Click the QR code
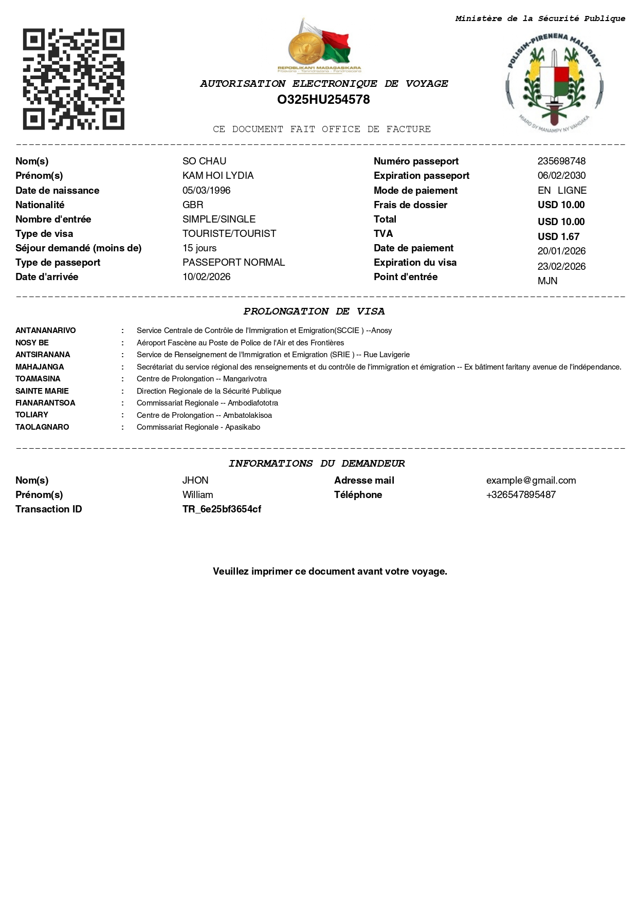coord(74,79)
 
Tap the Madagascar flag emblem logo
coord(320,46)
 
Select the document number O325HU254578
coord(323,100)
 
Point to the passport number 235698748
coord(561,161)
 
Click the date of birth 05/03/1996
coord(206,191)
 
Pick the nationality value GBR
coord(193,205)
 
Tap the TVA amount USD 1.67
coord(558,237)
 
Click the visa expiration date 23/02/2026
coord(561,267)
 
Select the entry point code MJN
coord(548,281)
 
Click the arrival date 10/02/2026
coord(206,277)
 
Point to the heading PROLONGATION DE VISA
coord(314,311)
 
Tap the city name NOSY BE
coord(32,343)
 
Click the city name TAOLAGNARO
coord(42,427)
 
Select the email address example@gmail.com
coord(531,481)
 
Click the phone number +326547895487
coord(521,495)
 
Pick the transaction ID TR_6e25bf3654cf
coord(222,509)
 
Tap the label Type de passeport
coord(58,263)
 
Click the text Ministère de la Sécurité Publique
coord(540,19)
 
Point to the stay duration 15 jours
coord(199,248)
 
